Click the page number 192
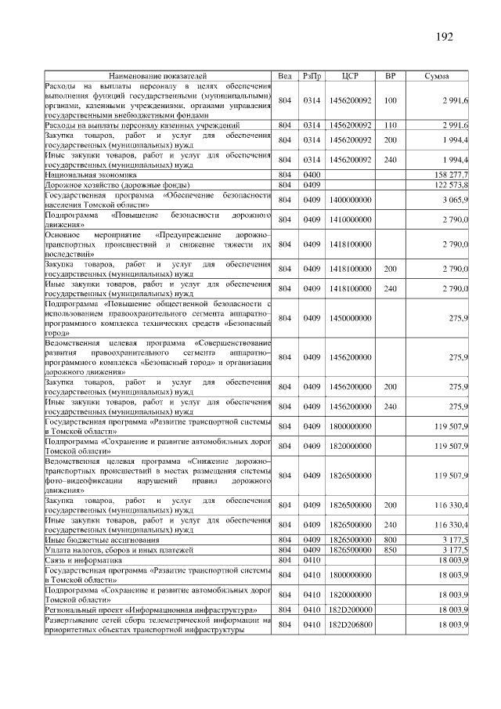tap(444, 36)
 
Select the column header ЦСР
tap(350, 76)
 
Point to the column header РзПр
tap(312, 76)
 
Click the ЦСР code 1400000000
tap(350, 200)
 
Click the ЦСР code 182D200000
tap(350, 609)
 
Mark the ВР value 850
tap(391, 551)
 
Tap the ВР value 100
tap(391, 100)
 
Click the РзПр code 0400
tap(312, 174)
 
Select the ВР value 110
tap(391, 125)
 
